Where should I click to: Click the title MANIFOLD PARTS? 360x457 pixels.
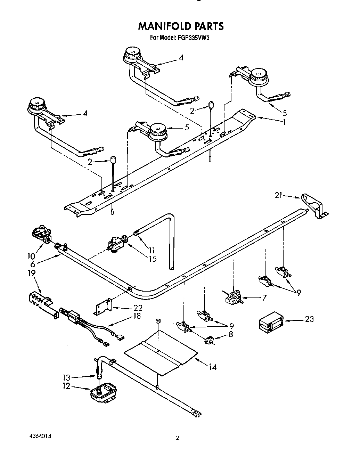181,26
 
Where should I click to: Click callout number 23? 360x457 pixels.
309,319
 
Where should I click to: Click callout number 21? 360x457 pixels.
278,195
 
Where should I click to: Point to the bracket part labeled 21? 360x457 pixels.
314,206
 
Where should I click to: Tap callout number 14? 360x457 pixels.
213,367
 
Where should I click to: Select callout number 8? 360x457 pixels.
231,334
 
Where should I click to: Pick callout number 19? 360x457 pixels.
32,273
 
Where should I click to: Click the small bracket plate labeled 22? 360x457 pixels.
103,307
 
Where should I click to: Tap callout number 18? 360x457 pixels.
137,316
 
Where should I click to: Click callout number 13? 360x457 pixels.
66,377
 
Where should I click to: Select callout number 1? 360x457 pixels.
284,122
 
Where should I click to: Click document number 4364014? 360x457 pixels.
40,435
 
